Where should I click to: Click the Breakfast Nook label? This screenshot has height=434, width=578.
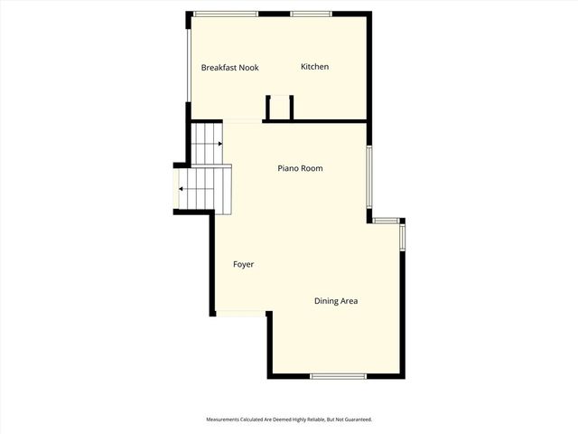230,67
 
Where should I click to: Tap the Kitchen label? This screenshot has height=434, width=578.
314,67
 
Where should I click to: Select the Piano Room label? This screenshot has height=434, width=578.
299,168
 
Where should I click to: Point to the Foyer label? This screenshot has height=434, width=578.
243,264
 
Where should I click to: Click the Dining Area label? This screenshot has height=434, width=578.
336,301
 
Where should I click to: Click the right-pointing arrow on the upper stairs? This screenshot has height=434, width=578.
219,143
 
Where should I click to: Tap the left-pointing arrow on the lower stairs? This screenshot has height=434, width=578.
182,189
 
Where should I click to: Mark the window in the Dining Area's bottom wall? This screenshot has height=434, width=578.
338,376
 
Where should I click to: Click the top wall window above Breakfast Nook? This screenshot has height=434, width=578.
225,14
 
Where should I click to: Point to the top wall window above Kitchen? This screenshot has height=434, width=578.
310,14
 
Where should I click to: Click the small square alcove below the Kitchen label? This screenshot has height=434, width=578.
279,108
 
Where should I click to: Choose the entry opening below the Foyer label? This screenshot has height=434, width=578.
240,315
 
